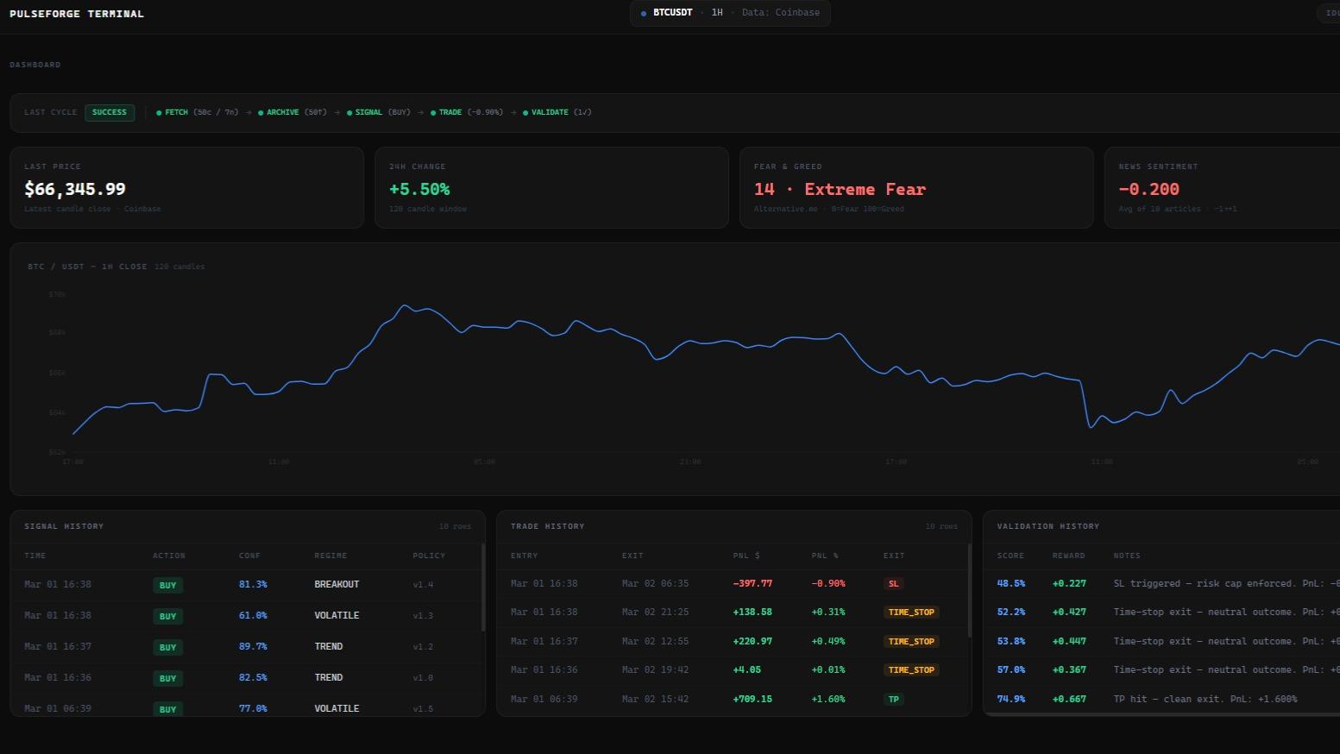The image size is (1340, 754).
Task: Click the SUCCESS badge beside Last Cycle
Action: click(x=110, y=112)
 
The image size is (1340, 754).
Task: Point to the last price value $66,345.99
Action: click(x=75, y=189)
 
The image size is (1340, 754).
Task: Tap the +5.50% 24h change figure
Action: click(x=419, y=189)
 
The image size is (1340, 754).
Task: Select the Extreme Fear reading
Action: click(x=840, y=189)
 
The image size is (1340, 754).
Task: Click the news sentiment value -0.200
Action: click(x=1148, y=189)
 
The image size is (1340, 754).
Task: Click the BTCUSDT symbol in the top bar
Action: click(x=672, y=13)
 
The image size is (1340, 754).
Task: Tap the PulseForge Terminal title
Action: click(x=77, y=14)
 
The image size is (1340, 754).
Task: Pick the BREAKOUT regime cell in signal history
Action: click(x=337, y=584)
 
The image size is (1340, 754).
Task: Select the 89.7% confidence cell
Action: click(x=253, y=646)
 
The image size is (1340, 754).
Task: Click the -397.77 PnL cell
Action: click(x=752, y=583)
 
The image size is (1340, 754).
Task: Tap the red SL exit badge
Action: click(x=893, y=584)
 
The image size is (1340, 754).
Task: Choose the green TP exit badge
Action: click(x=893, y=700)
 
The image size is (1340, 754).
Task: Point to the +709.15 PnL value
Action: click(x=752, y=699)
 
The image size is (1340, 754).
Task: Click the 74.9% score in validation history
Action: click(x=1011, y=699)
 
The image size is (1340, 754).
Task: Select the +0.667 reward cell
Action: click(x=1069, y=699)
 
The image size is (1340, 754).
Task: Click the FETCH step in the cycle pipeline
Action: click(x=176, y=112)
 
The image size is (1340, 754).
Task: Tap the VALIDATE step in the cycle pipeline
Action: click(x=550, y=112)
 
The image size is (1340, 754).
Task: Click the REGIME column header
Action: click(x=330, y=556)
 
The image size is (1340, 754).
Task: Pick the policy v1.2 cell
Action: click(x=423, y=646)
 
